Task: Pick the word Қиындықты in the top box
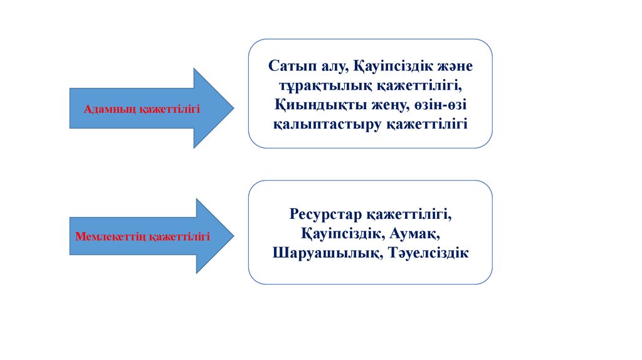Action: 308,104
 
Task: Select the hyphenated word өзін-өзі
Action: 439,104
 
